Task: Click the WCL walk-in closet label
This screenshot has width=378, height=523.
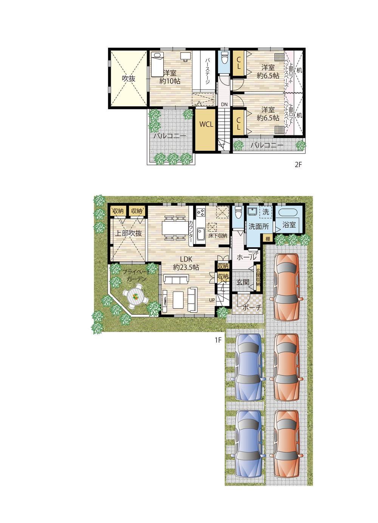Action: [x=206, y=124]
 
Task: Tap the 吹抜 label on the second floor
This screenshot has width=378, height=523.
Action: [x=128, y=79]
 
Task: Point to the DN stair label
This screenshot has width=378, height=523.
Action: [x=224, y=104]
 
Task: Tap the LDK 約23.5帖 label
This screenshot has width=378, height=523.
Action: [x=186, y=263]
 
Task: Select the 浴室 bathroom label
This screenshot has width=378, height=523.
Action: [x=289, y=225]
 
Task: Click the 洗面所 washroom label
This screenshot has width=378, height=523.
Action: [x=259, y=227]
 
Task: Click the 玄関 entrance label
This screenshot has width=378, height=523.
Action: [x=243, y=282]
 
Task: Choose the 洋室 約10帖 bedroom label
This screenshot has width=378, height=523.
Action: [x=170, y=77]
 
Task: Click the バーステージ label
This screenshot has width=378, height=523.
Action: [x=208, y=71]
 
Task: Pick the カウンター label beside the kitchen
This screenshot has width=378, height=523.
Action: [x=191, y=231]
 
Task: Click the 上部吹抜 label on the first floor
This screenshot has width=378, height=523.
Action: [x=129, y=233]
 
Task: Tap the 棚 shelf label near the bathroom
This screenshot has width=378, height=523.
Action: [x=268, y=238]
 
